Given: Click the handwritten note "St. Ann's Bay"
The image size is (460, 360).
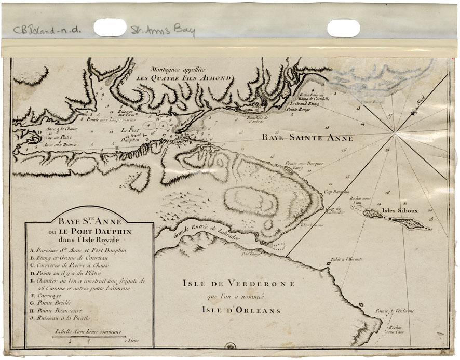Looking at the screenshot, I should click(x=163, y=31).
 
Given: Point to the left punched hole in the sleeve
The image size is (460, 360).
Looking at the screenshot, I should click(x=110, y=28).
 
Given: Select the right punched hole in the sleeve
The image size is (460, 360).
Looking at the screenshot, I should click(x=343, y=28).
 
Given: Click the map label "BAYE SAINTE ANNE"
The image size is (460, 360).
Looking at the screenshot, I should click(x=307, y=138).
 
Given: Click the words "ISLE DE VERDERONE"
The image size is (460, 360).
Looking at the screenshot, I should click(x=238, y=284).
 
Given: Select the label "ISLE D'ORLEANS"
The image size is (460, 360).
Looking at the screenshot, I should click(x=241, y=311).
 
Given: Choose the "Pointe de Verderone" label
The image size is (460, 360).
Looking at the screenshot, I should click(x=395, y=311).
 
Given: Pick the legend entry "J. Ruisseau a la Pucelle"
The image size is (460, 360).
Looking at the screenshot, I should click(x=64, y=317).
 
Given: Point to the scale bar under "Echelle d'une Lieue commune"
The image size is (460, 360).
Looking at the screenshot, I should click(x=89, y=338).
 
